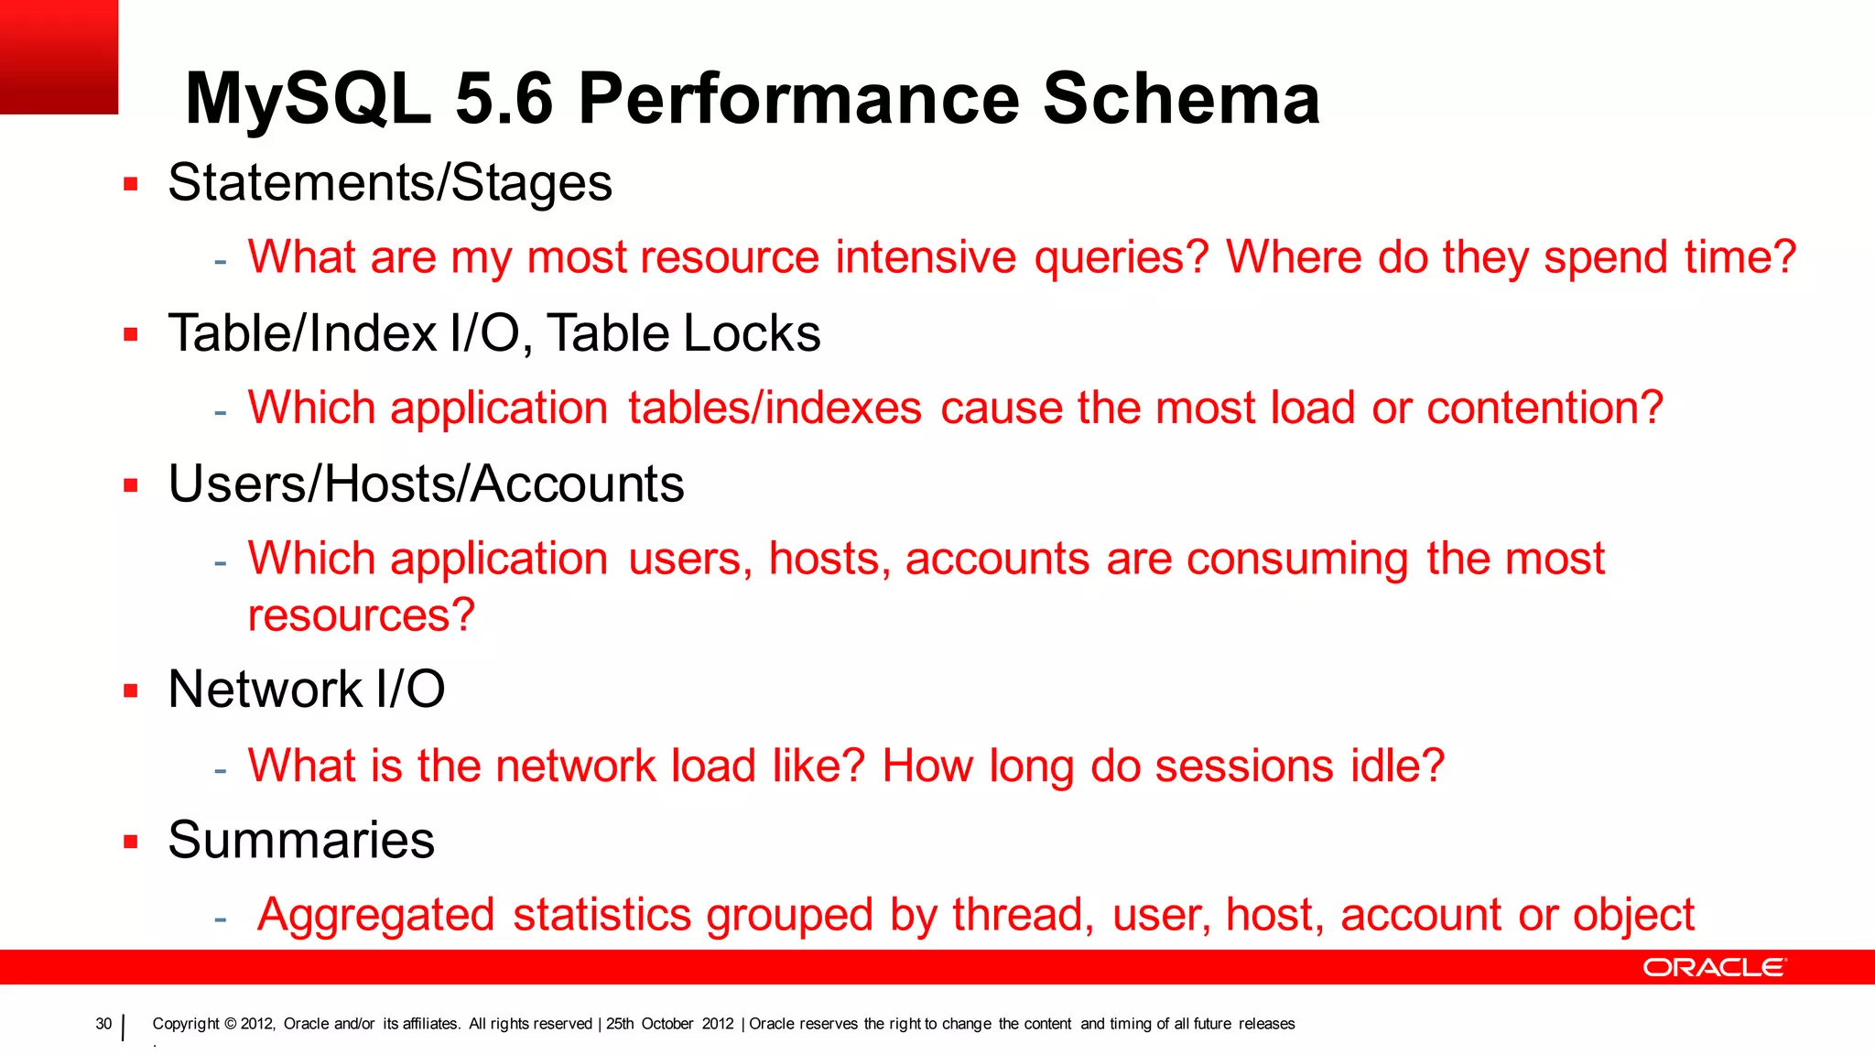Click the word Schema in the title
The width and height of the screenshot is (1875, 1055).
click(1181, 98)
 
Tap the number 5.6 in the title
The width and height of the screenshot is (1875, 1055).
click(504, 98)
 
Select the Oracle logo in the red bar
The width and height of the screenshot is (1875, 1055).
click(1714, 967)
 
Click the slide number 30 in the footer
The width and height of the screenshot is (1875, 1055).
click(103, 1024)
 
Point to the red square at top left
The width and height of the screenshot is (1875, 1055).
click(59, 57)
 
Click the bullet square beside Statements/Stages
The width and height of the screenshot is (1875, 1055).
click(131, 184)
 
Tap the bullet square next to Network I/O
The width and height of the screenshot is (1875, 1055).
click(131, 691)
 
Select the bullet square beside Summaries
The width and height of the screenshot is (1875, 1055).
click(131, 842)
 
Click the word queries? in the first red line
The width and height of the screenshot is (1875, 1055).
click(1122, 257)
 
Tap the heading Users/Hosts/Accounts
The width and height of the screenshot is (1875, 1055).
click(426, 484)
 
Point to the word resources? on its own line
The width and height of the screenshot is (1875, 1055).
click(362, 615)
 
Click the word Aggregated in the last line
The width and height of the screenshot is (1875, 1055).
click(376, 915)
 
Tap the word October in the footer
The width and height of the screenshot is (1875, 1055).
click(667, 1024)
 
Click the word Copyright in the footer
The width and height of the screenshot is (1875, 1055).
click(186, 1024)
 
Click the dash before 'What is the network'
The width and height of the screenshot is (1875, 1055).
click(220, 769)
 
